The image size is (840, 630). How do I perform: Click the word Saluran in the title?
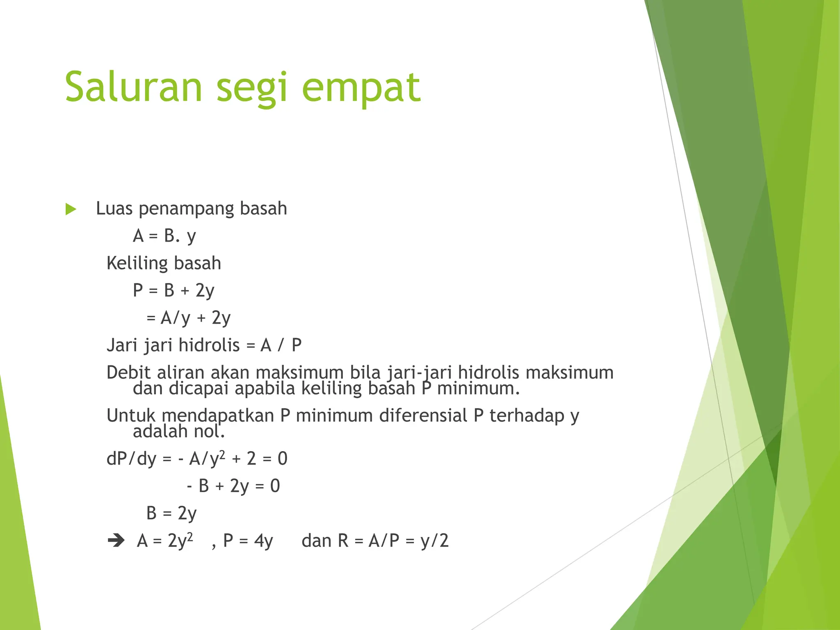(x=134, y=87)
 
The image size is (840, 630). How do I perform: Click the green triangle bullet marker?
(x=71, y=209)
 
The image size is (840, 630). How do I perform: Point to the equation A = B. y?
(x=164, y=236)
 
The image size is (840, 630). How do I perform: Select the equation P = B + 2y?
(x=173, y=291)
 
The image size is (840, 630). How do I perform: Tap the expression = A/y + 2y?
(x=189, y=318)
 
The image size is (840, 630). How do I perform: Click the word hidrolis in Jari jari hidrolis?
(x=209, y=345)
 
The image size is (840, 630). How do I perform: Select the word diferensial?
(x=423, y=415)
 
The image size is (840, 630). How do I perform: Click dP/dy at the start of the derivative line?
(x=131, y=459)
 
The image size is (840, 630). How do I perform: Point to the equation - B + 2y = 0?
(x=233, y=486)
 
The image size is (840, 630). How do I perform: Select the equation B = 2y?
(x=171, y=513)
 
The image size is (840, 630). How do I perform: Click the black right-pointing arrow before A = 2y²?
(x=116, y=540)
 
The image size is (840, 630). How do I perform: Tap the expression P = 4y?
(x=248, y=541)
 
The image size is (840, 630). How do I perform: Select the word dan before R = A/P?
(x=316, y=541)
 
